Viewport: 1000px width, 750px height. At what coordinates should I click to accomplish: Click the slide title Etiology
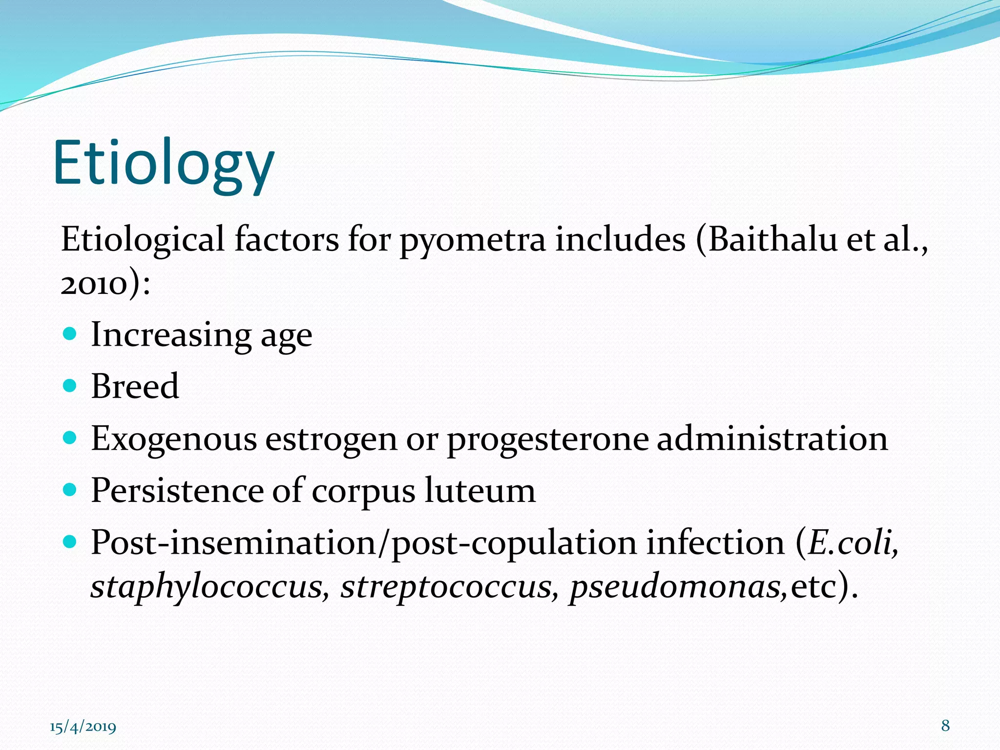click(164, 164)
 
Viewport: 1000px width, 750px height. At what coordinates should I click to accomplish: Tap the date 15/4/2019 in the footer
click(83, 727)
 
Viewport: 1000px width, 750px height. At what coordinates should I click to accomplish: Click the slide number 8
click(945, 726)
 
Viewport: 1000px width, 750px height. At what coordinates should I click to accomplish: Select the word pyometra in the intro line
click(472, 241)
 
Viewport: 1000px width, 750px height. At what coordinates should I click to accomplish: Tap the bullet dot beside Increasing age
click(70, 334)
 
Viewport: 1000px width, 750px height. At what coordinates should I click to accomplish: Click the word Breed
click(135, 386)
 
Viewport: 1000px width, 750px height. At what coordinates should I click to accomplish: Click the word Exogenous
click(174, 439)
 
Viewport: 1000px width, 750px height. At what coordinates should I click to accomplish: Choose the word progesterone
click(547, 439)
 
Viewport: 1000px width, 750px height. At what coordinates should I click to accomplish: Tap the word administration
click(772, 438)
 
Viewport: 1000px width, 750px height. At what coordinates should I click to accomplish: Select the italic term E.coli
click(852, 542)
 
